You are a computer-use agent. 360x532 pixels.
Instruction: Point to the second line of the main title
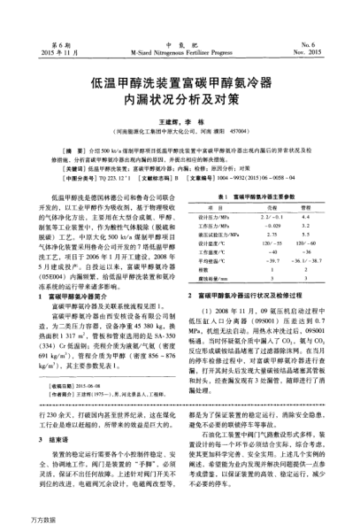tap(180, 102)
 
